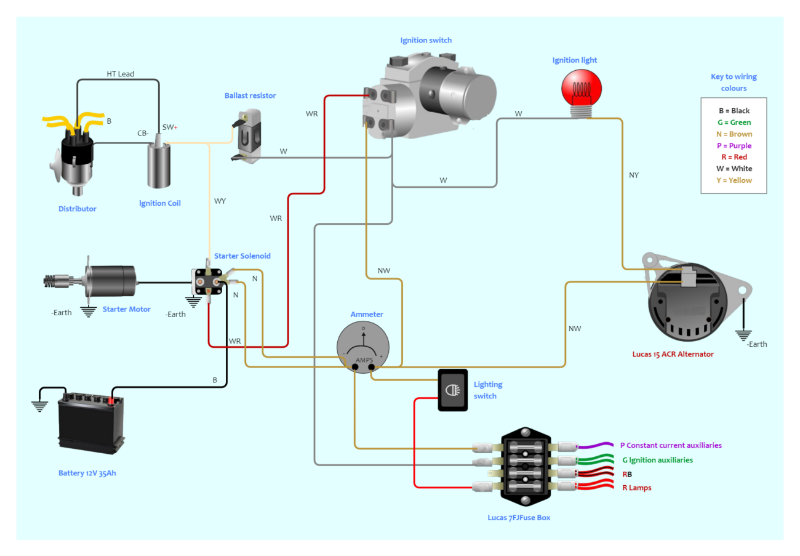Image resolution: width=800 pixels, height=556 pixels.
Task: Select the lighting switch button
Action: pos(453,390)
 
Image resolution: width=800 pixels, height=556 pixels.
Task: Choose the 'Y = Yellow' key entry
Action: pos(735,180)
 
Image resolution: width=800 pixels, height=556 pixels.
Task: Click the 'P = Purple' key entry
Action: pos(735,145)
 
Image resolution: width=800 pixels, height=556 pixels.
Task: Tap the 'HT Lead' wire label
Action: pos(120,74)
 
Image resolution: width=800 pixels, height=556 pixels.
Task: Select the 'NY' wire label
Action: pos(634,175)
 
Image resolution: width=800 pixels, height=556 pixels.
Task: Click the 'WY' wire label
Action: pos(220,201)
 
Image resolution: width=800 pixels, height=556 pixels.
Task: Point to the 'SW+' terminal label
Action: pos(170,127)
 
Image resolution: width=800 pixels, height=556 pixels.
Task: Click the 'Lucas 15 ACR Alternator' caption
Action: pos(673,354)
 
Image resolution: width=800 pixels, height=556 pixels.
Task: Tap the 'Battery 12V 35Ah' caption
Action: pos(88,473)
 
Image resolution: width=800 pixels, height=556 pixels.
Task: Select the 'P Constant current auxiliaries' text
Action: pos(671,445)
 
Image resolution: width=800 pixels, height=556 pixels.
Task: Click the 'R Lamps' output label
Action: pos(636,488)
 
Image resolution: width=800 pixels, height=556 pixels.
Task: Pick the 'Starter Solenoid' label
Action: pos(242,256)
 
